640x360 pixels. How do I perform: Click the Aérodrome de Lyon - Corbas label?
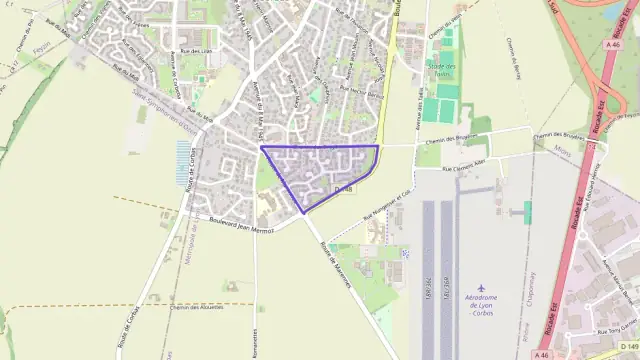coord(482,305)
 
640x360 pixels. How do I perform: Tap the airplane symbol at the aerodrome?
coord(482,287)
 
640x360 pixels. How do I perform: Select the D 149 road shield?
coord(627,352)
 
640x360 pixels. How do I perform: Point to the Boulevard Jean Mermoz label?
coord(240,216)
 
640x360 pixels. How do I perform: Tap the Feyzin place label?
coord(41,47)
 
